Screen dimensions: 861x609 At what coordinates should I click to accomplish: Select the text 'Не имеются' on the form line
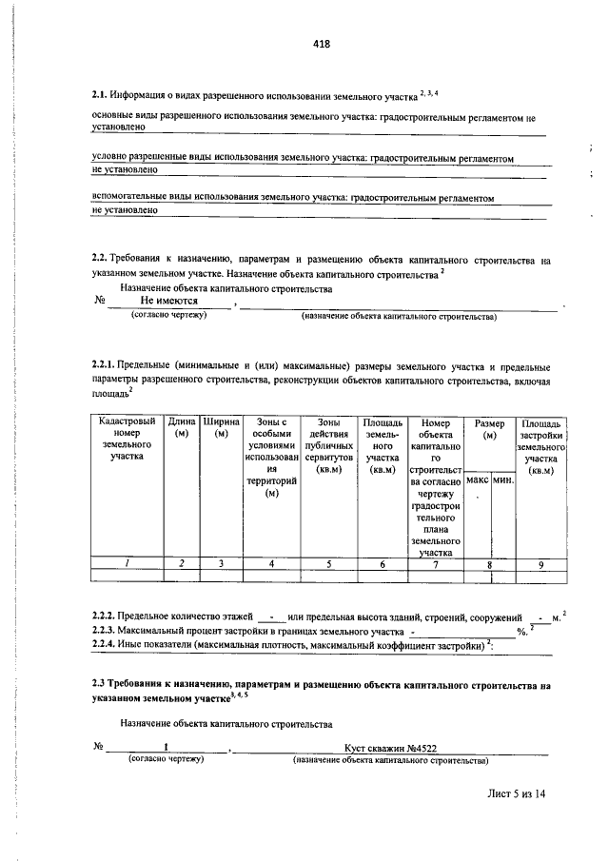(x=169, y=300)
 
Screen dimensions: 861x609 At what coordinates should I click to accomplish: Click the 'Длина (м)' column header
(x=182, y=427)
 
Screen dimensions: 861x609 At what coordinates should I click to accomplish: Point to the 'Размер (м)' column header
(x=490, y=427)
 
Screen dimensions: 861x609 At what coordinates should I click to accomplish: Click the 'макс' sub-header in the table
(x=478, y=479)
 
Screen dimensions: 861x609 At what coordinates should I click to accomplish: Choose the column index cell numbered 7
(x=435, y=563)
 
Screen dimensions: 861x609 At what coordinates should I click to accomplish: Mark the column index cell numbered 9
(x=540, y=563)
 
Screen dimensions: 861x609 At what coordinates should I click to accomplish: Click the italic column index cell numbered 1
(x=125, y=563)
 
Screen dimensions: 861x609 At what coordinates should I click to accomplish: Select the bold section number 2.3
(x=99, y=684)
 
